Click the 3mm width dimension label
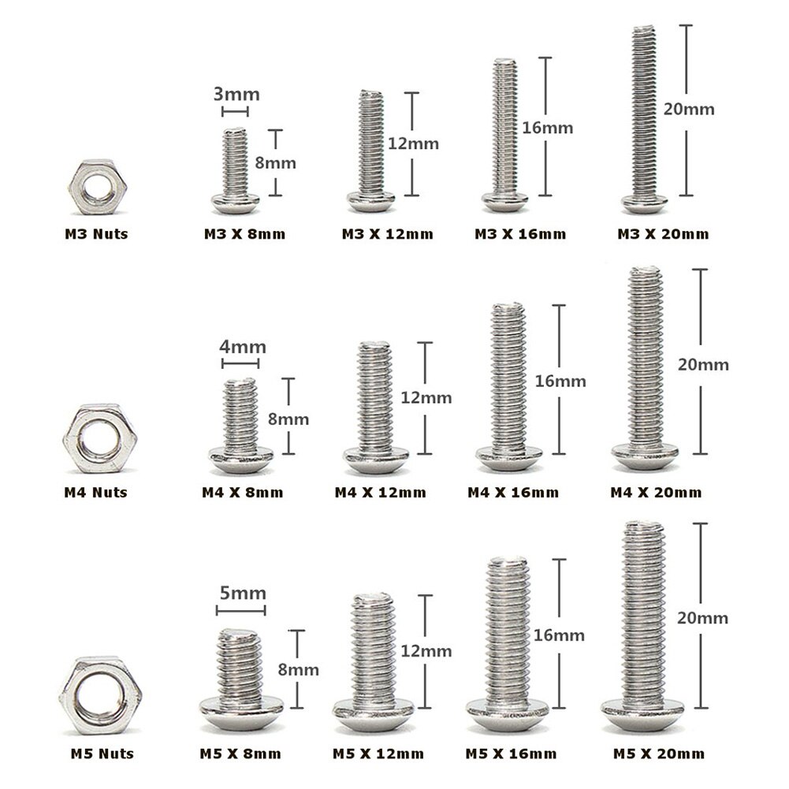tap(236, 94)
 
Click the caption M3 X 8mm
tap(244, 233)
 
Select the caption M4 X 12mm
tap(380, 493)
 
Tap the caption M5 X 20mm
tap(658, 754)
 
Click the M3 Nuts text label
tap(96, 233)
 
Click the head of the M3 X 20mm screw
tap(644, 204)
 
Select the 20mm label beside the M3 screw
tap(688, 109)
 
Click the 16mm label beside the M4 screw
tap(560, 381)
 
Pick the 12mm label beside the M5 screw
tap(426, 651)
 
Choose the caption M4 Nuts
tap(95, 493)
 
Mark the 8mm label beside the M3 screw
tap(277, 163)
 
